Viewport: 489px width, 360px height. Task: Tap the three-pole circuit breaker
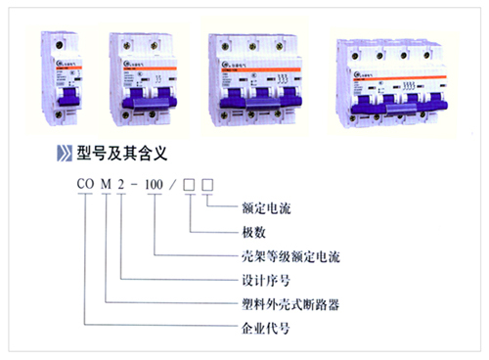(248, 77)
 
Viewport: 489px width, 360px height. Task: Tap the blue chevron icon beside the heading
(65, 152)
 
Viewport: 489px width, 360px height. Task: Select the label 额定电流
(266, 208)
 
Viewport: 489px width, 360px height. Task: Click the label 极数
(253, 232)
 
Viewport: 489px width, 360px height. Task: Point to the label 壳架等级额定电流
(289, 255)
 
